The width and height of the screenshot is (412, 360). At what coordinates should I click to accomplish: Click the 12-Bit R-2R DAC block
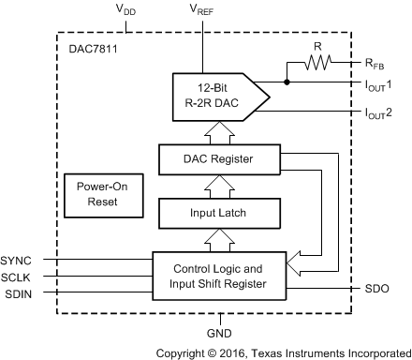(211, 95)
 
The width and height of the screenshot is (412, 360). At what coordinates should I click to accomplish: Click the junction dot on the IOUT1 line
(287, 82)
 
